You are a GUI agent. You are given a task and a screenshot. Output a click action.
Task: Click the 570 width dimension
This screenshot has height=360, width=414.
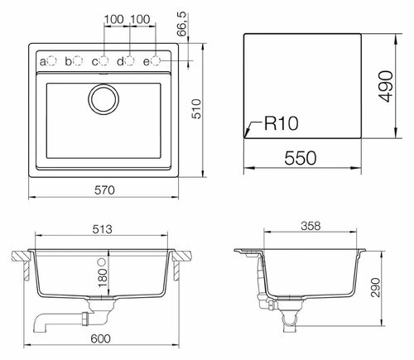pos(104,190)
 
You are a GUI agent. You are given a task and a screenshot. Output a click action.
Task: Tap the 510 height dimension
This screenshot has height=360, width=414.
pos(197,109)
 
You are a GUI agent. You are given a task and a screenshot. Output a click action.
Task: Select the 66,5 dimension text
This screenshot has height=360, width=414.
pos(182,24)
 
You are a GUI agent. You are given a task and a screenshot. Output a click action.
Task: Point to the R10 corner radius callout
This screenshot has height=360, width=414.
pos(281,123)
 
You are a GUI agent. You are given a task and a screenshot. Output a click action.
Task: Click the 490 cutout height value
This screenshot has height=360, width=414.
pos(386,86)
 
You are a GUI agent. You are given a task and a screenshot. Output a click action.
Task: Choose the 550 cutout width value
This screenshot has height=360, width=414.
pos(301,158)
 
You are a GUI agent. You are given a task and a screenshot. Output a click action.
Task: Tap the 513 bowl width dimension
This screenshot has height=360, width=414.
pos(102,229)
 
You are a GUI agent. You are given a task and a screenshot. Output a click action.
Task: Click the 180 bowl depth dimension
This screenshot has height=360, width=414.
pos(103,278)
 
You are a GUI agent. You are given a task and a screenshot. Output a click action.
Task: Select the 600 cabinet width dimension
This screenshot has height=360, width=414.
pos(100,338)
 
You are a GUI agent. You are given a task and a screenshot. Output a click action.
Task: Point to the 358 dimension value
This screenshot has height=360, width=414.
pos(310,226)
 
